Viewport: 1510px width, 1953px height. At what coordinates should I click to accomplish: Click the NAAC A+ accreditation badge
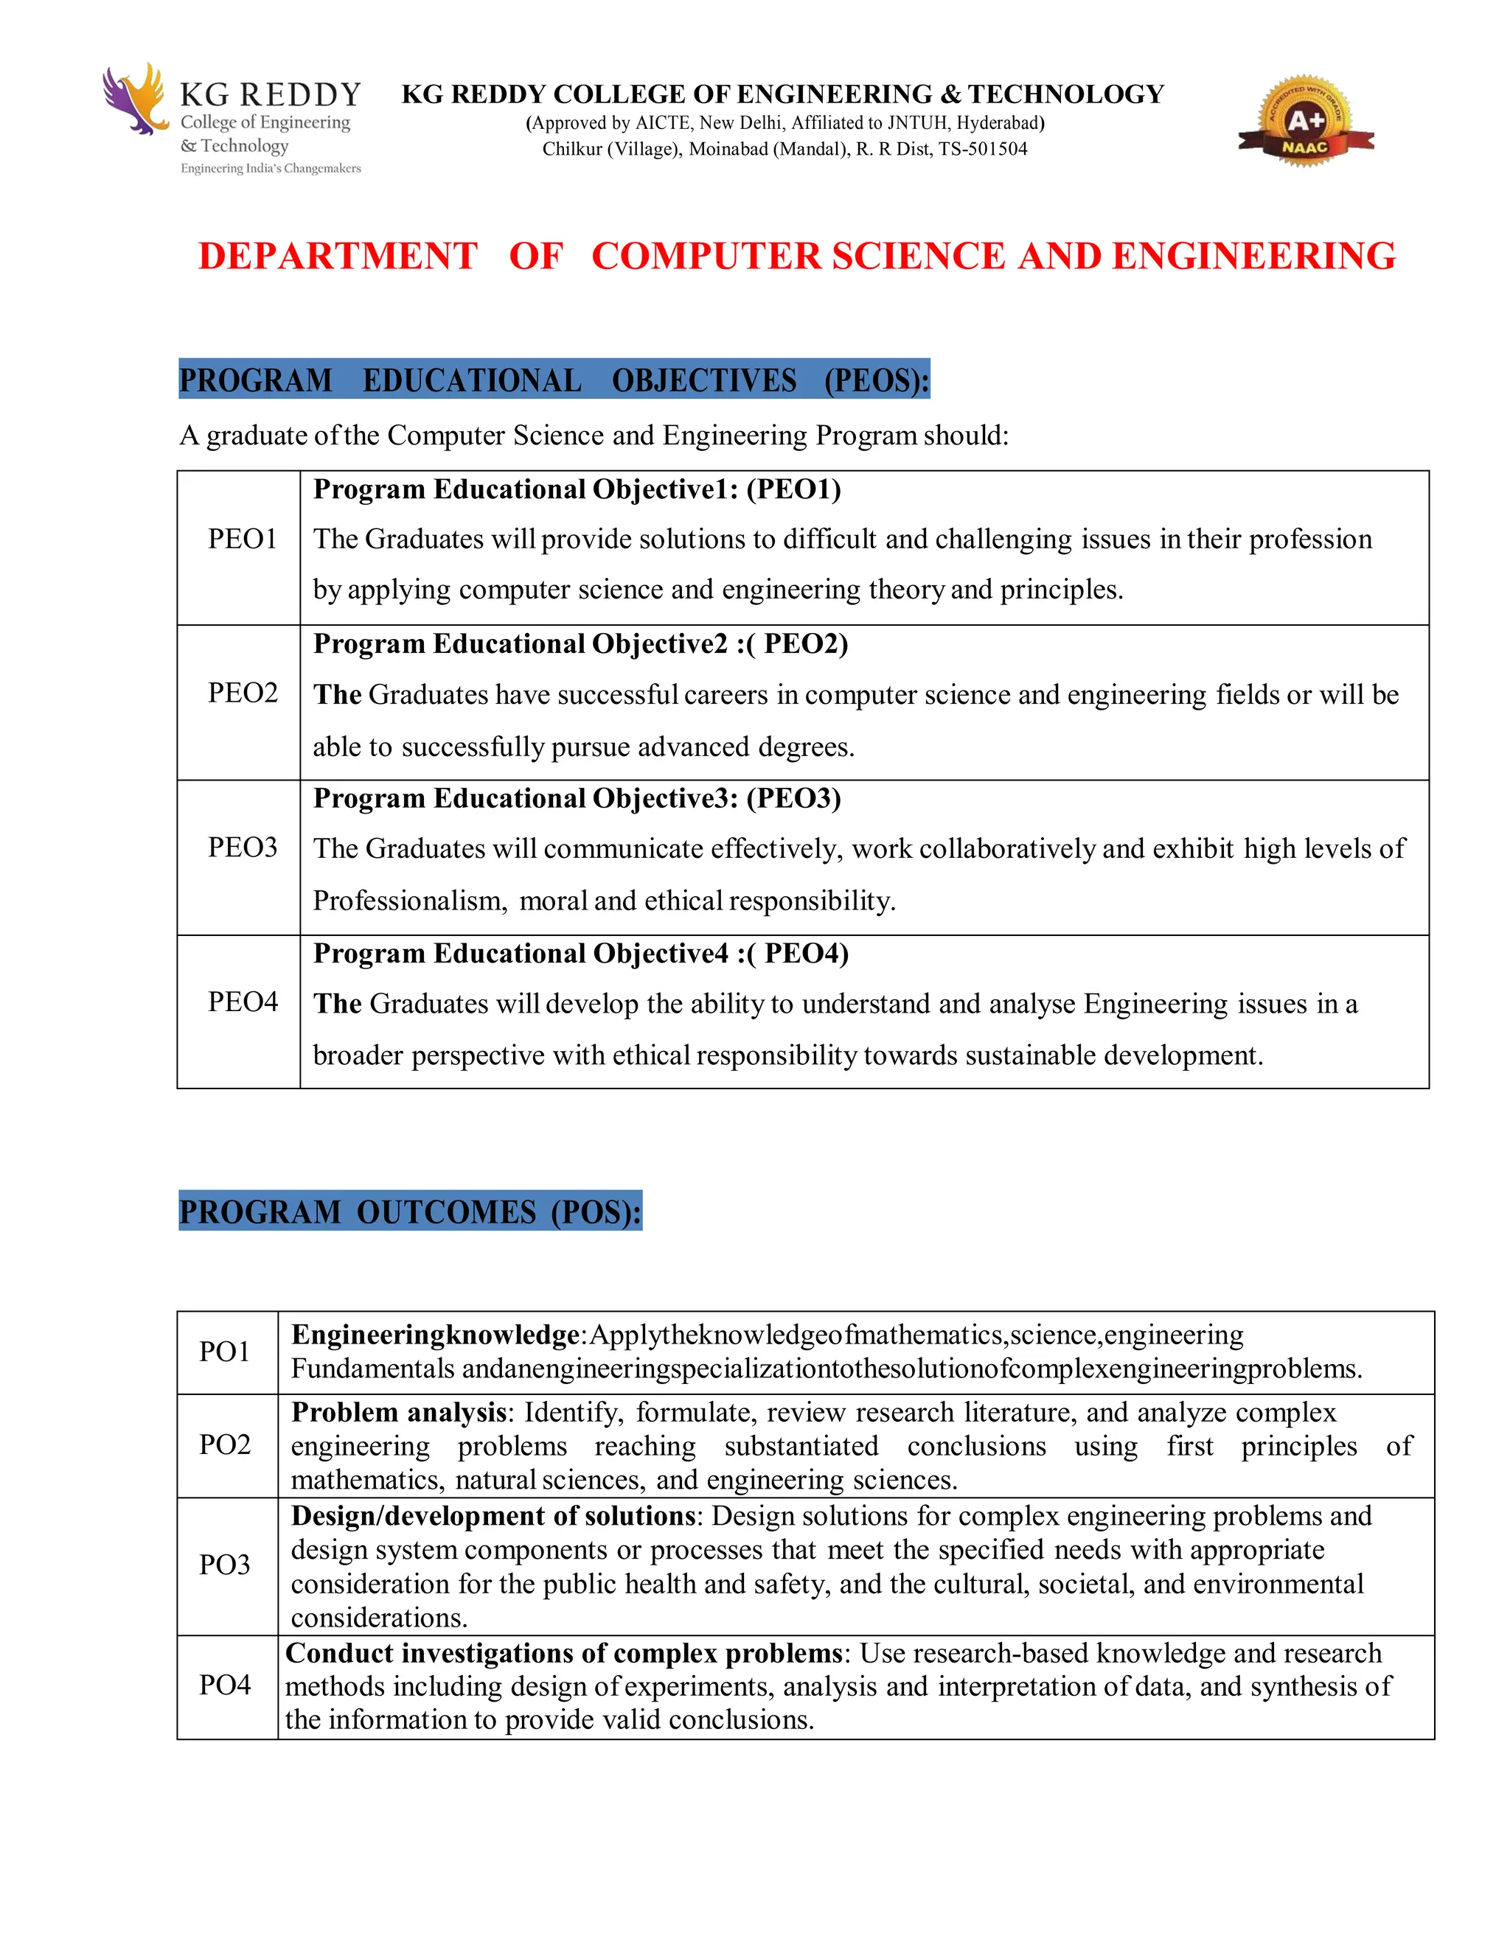click(x=1305, y=122)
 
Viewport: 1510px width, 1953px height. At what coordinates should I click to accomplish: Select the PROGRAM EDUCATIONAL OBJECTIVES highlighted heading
click(x=554, y=380)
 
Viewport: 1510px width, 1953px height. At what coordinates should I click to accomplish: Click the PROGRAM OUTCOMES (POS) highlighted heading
click(x=410, y=1212)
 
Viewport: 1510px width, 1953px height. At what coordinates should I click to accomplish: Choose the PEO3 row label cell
click(x=243, y=848)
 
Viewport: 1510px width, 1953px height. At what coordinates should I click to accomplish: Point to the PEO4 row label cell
click(x=243, y=1002)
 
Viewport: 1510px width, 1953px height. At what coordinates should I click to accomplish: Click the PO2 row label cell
click(x=225, y=1445)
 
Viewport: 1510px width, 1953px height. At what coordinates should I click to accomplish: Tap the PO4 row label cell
click(x=225, y=1685)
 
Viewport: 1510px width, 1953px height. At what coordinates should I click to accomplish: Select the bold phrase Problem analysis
click(x=399, y=1413)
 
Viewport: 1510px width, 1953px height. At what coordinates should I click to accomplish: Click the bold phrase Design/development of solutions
click(x=493, y=1516)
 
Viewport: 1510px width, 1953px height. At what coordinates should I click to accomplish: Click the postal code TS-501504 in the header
click(x=982, y=150)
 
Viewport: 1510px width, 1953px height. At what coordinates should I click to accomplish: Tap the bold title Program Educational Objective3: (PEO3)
click(x=577, y=797)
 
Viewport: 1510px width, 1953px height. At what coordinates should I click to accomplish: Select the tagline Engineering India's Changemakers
click(x=271, y=168)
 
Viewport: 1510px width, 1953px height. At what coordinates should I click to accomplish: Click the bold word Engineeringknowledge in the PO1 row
click(x=435, y=1335)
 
